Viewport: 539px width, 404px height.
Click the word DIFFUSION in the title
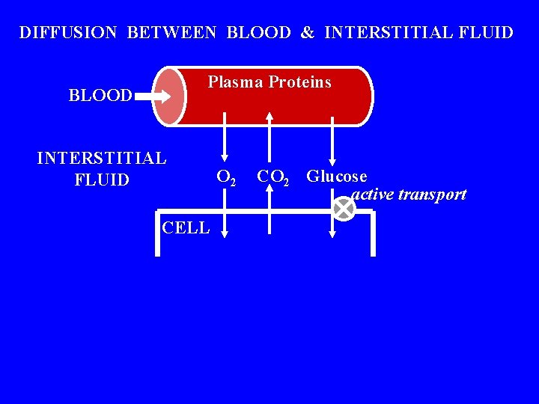coord(68,33)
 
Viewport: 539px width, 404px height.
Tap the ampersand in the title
coord(308,33)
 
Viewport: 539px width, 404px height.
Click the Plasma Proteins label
coord(269,82)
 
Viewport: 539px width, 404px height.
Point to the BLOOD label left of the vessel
coord(100,96)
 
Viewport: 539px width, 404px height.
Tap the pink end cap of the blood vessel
coord(169,97)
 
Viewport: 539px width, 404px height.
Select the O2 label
coord(227,178)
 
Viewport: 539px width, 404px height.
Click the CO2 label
coord(273,178)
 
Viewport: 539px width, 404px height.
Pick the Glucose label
coord(337,177)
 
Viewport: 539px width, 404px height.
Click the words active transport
coord(409,195)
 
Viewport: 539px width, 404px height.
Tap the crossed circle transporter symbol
coord(343,209)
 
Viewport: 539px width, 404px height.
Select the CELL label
coord(186,227)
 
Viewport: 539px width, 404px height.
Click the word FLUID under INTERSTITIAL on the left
coord(102,180)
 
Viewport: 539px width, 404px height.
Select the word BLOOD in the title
coord(258,33)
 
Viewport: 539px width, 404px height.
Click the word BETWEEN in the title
coord(171,33)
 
